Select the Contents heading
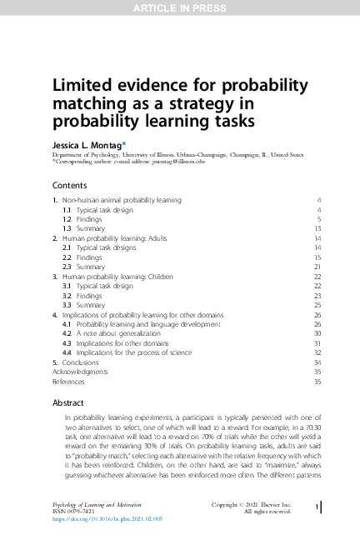coord(71,185)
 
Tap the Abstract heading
coord(68,402)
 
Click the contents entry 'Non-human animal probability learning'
coord(122,201)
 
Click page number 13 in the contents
coord(317,228)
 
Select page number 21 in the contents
coord(317,267)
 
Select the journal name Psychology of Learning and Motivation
coord(98,503)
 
